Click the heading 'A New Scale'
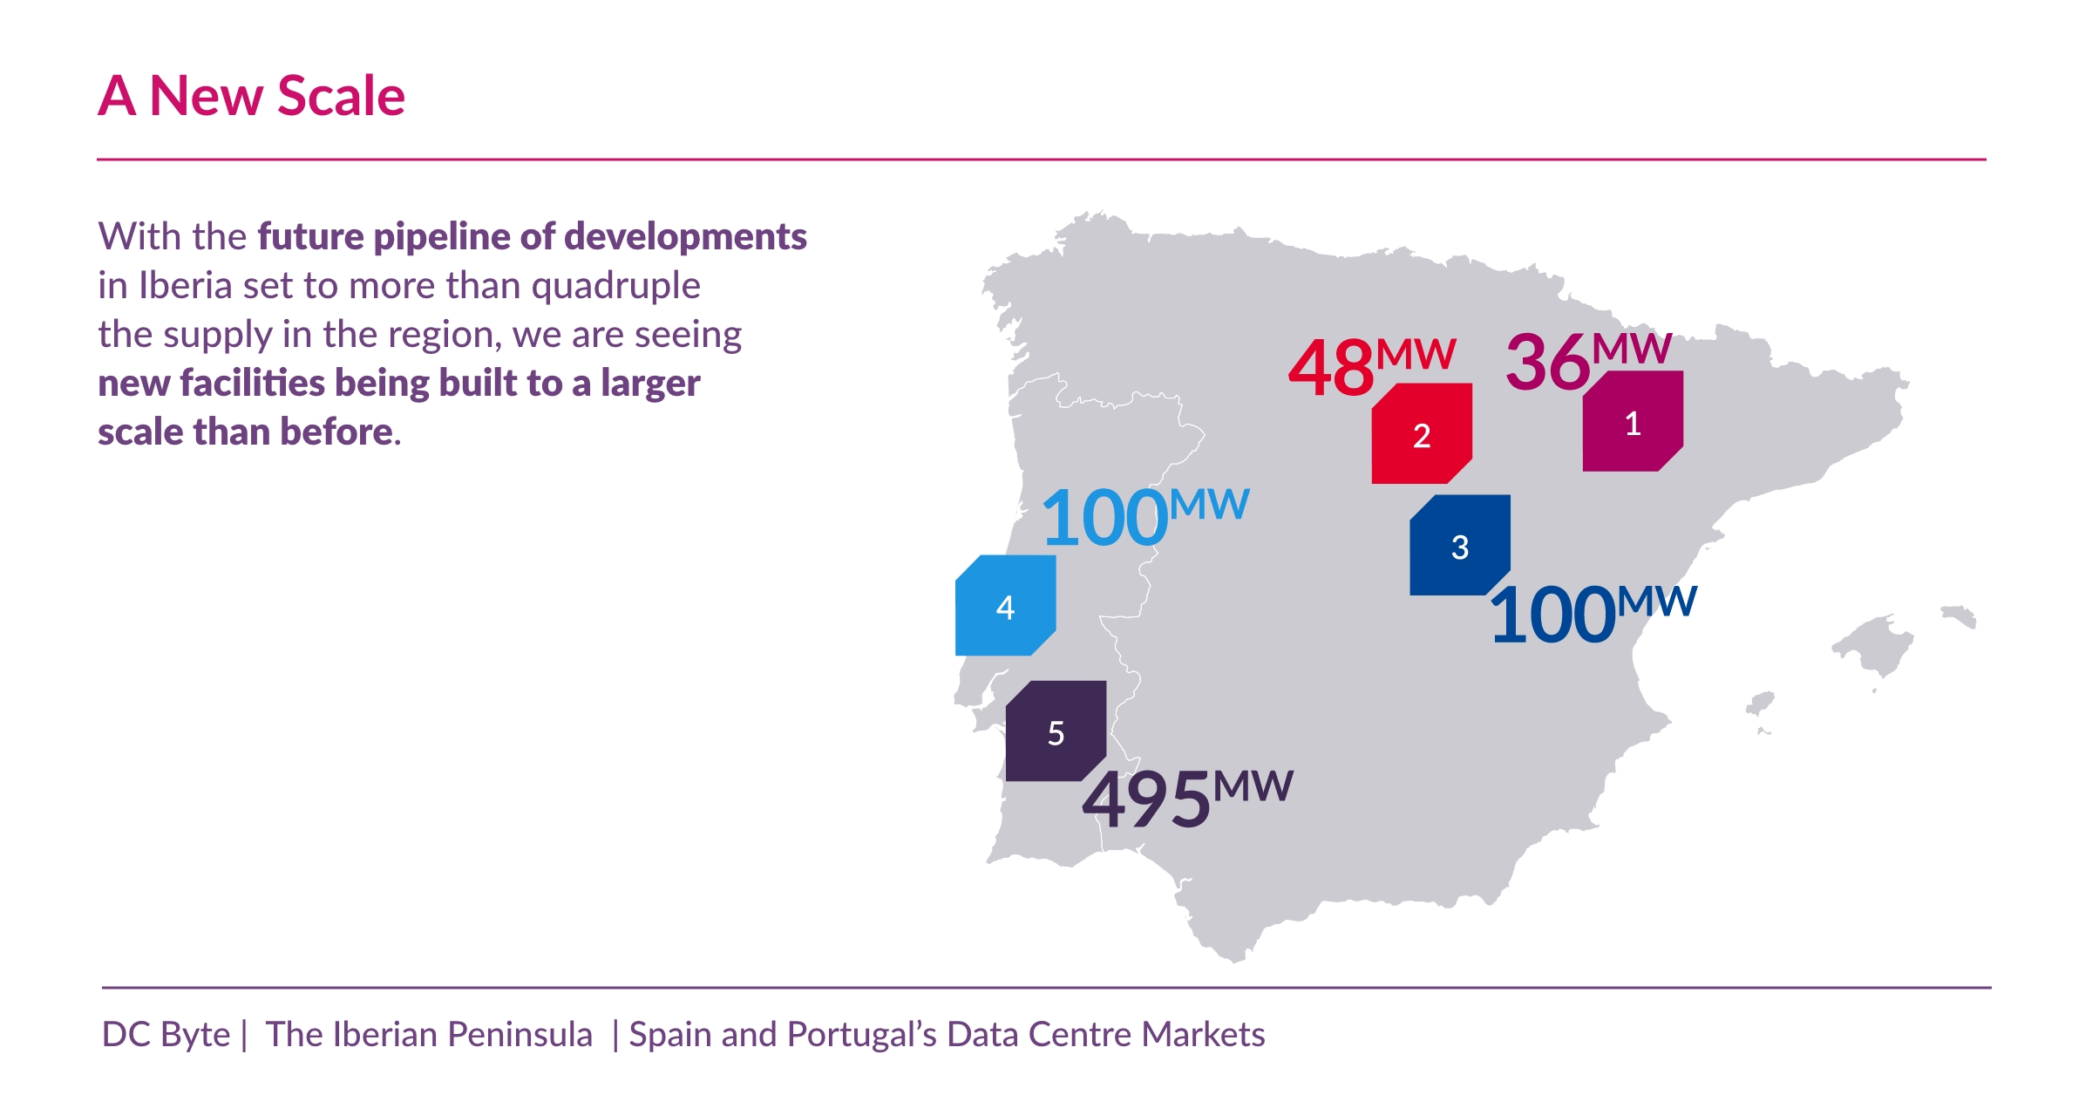pos(251,96)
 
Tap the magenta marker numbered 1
pos(1632,422)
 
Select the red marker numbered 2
pos(1421,434)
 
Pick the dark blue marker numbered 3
pos(1459,546)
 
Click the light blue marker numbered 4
pos(1005,606)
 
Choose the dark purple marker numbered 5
pos(1056,731)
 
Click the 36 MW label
pos(1587,360)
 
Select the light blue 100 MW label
pos(1144,517)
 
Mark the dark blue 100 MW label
pos(1593,614)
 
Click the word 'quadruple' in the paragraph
pos(615,286)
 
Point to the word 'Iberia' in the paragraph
pos(185,286)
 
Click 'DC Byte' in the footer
pos(166,1034)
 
